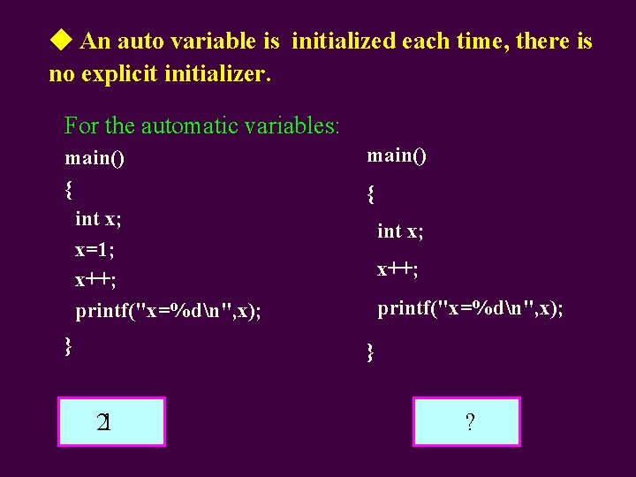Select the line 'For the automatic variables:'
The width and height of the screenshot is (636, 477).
[x=201, y=126]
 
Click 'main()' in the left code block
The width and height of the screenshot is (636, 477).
[x=95, y=159]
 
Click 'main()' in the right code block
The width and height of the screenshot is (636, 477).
[x=397, y=155]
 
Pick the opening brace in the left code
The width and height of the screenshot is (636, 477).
[x=69, y=188]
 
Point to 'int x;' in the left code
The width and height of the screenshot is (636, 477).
[x=98, y=218]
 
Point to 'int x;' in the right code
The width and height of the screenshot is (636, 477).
[x=400, y=231]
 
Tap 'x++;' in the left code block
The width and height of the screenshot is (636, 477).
[x=95, y=280]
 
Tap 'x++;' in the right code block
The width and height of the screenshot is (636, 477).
[x=397, y=269]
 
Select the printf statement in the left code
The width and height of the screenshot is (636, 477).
[x=168, y=311]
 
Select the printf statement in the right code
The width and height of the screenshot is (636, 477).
[x=470, y=308]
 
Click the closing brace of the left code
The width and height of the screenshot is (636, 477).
[x=69, y=344]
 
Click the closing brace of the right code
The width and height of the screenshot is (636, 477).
[x=371, y=352]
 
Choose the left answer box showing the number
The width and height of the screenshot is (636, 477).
[x=111, y=421]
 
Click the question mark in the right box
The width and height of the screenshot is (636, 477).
[x=468, y=422]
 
